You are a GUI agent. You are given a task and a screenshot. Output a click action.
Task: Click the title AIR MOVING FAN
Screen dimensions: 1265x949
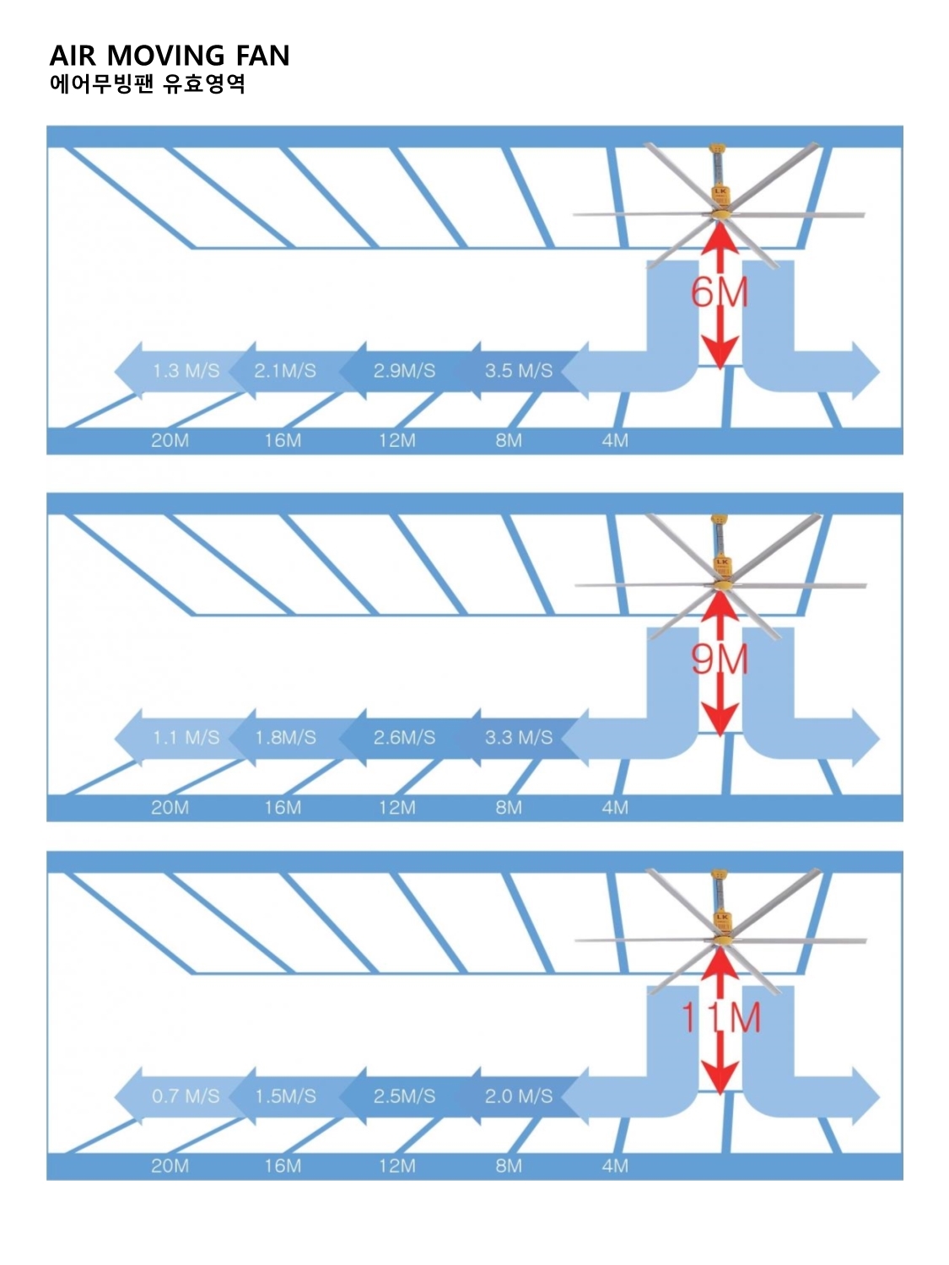(x=170, y=56)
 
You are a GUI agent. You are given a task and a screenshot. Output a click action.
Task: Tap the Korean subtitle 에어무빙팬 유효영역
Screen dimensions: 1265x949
(x=148, y=83)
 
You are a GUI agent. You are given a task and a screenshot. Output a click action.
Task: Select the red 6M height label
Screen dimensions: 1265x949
(x=720, y=293)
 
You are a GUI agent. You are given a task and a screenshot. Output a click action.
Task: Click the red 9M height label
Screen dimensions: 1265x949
(x=720, y=659)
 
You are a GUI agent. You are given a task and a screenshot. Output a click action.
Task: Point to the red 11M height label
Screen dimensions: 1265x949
(x=721, y=1018)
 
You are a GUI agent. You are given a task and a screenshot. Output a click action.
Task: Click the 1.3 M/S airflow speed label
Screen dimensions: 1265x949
(x=186, y=370)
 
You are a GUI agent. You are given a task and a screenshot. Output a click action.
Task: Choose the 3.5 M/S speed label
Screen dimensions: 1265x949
(x=519, y=370)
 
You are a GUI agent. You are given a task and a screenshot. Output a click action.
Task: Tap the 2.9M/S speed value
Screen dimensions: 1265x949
(x=404, y=370)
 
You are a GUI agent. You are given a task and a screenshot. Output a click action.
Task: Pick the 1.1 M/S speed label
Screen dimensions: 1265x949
(x=186, y=738)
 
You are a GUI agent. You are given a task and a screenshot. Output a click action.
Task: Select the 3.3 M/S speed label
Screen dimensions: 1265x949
(x=519, y=738)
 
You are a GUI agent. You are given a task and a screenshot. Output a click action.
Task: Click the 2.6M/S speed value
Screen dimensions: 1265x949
(x=404, y=738)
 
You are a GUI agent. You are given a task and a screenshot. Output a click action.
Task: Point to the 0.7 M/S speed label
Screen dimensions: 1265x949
(x=186, y=1096)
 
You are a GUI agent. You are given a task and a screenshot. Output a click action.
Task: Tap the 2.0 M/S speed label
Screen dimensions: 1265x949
(x=519, y=1096)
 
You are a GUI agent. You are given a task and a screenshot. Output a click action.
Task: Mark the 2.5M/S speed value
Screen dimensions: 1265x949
(x=404, y=1096)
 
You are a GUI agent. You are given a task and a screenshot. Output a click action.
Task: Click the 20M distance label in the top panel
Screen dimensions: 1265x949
(x=170, y=440)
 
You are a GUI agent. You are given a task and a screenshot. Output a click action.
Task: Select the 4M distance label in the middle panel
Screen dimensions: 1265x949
(x=615, y=807)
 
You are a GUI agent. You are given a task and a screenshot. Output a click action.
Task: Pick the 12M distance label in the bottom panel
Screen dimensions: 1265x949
(x=396, y=1165)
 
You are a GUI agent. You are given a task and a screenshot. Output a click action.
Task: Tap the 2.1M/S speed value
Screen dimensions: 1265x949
(x=285, y=370)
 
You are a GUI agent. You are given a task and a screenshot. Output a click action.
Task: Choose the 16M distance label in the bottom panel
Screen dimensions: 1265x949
(x=283, y=1165)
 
